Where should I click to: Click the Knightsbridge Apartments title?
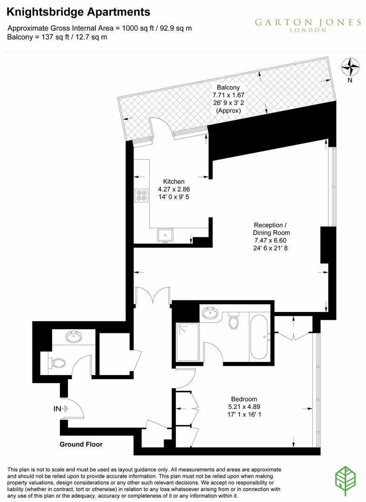(79, 12)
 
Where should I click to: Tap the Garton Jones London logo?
(307, 25)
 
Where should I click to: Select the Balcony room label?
(228, 87)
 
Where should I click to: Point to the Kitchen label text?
(173, 181)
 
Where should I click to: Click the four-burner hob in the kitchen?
(141, 195)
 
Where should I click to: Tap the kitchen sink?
(165, 235)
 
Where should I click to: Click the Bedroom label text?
(244, 399)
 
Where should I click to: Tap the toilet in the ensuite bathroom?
(234, 321)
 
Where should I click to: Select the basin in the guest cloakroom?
(73, 337)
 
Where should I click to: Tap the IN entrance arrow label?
(60, 409)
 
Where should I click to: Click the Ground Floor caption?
(81, 444)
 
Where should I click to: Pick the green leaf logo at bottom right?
(346, 479)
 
